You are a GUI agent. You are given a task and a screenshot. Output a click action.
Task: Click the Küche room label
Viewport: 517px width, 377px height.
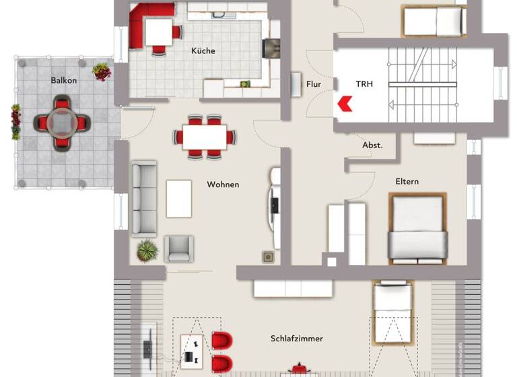(203, 50)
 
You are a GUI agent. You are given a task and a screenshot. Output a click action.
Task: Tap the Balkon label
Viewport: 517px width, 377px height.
(64, 80)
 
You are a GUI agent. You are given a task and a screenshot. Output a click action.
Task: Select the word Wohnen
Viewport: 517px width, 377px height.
(223, 184)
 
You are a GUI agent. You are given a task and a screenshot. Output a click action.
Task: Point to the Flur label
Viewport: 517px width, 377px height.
(314, 84)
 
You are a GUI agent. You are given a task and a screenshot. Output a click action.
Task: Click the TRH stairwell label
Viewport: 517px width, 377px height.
(364, 84)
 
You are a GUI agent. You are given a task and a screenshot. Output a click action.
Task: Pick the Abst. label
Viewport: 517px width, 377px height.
(372, 145)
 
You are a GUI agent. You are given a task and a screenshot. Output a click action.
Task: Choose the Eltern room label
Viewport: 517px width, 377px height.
(407, 181)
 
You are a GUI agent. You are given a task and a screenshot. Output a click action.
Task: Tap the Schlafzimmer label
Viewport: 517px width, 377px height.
(297, 338)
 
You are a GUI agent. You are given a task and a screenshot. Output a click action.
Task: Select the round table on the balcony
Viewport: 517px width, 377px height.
(62, 123)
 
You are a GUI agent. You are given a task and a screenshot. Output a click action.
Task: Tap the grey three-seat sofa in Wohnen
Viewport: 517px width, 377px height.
(143, 199)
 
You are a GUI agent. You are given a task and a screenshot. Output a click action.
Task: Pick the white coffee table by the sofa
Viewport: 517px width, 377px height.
(179, 199)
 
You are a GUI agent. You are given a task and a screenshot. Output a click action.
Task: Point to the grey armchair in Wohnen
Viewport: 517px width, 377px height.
(180, 248)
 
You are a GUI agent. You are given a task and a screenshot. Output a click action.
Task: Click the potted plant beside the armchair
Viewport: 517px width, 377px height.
(147, 251)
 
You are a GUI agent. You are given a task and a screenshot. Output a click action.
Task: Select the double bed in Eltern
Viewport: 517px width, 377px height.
(417, 228)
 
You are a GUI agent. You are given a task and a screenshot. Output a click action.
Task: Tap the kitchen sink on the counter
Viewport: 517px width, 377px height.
(219, 15)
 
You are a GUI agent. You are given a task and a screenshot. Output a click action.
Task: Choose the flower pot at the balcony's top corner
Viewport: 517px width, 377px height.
(102, 71)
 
